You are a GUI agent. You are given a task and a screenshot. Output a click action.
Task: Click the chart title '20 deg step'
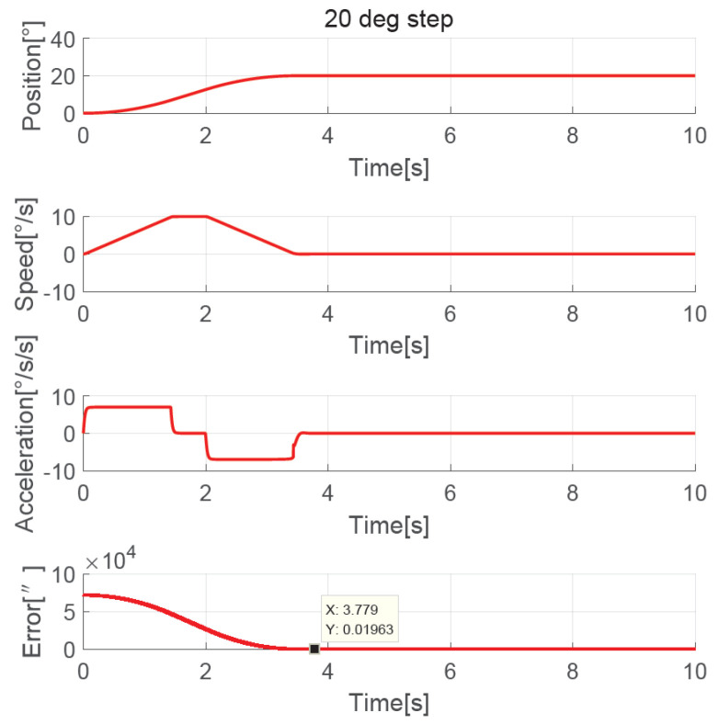pos(389,20)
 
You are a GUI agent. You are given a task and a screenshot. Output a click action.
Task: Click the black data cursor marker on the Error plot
pos(314,649)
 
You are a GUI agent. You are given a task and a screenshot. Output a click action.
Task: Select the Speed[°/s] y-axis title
pos(33,255)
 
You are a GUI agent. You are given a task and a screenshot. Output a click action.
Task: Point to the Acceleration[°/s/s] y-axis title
pos(33,433)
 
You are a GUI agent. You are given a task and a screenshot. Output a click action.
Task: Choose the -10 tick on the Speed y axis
pos(60,291)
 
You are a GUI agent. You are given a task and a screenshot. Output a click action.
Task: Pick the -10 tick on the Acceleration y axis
pos(60,470)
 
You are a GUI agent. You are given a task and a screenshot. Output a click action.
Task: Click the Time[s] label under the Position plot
pos(389,169)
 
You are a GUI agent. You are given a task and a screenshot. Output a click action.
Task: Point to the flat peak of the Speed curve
pos(188,217)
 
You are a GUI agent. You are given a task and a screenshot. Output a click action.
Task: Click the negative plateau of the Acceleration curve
pos(248,458)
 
